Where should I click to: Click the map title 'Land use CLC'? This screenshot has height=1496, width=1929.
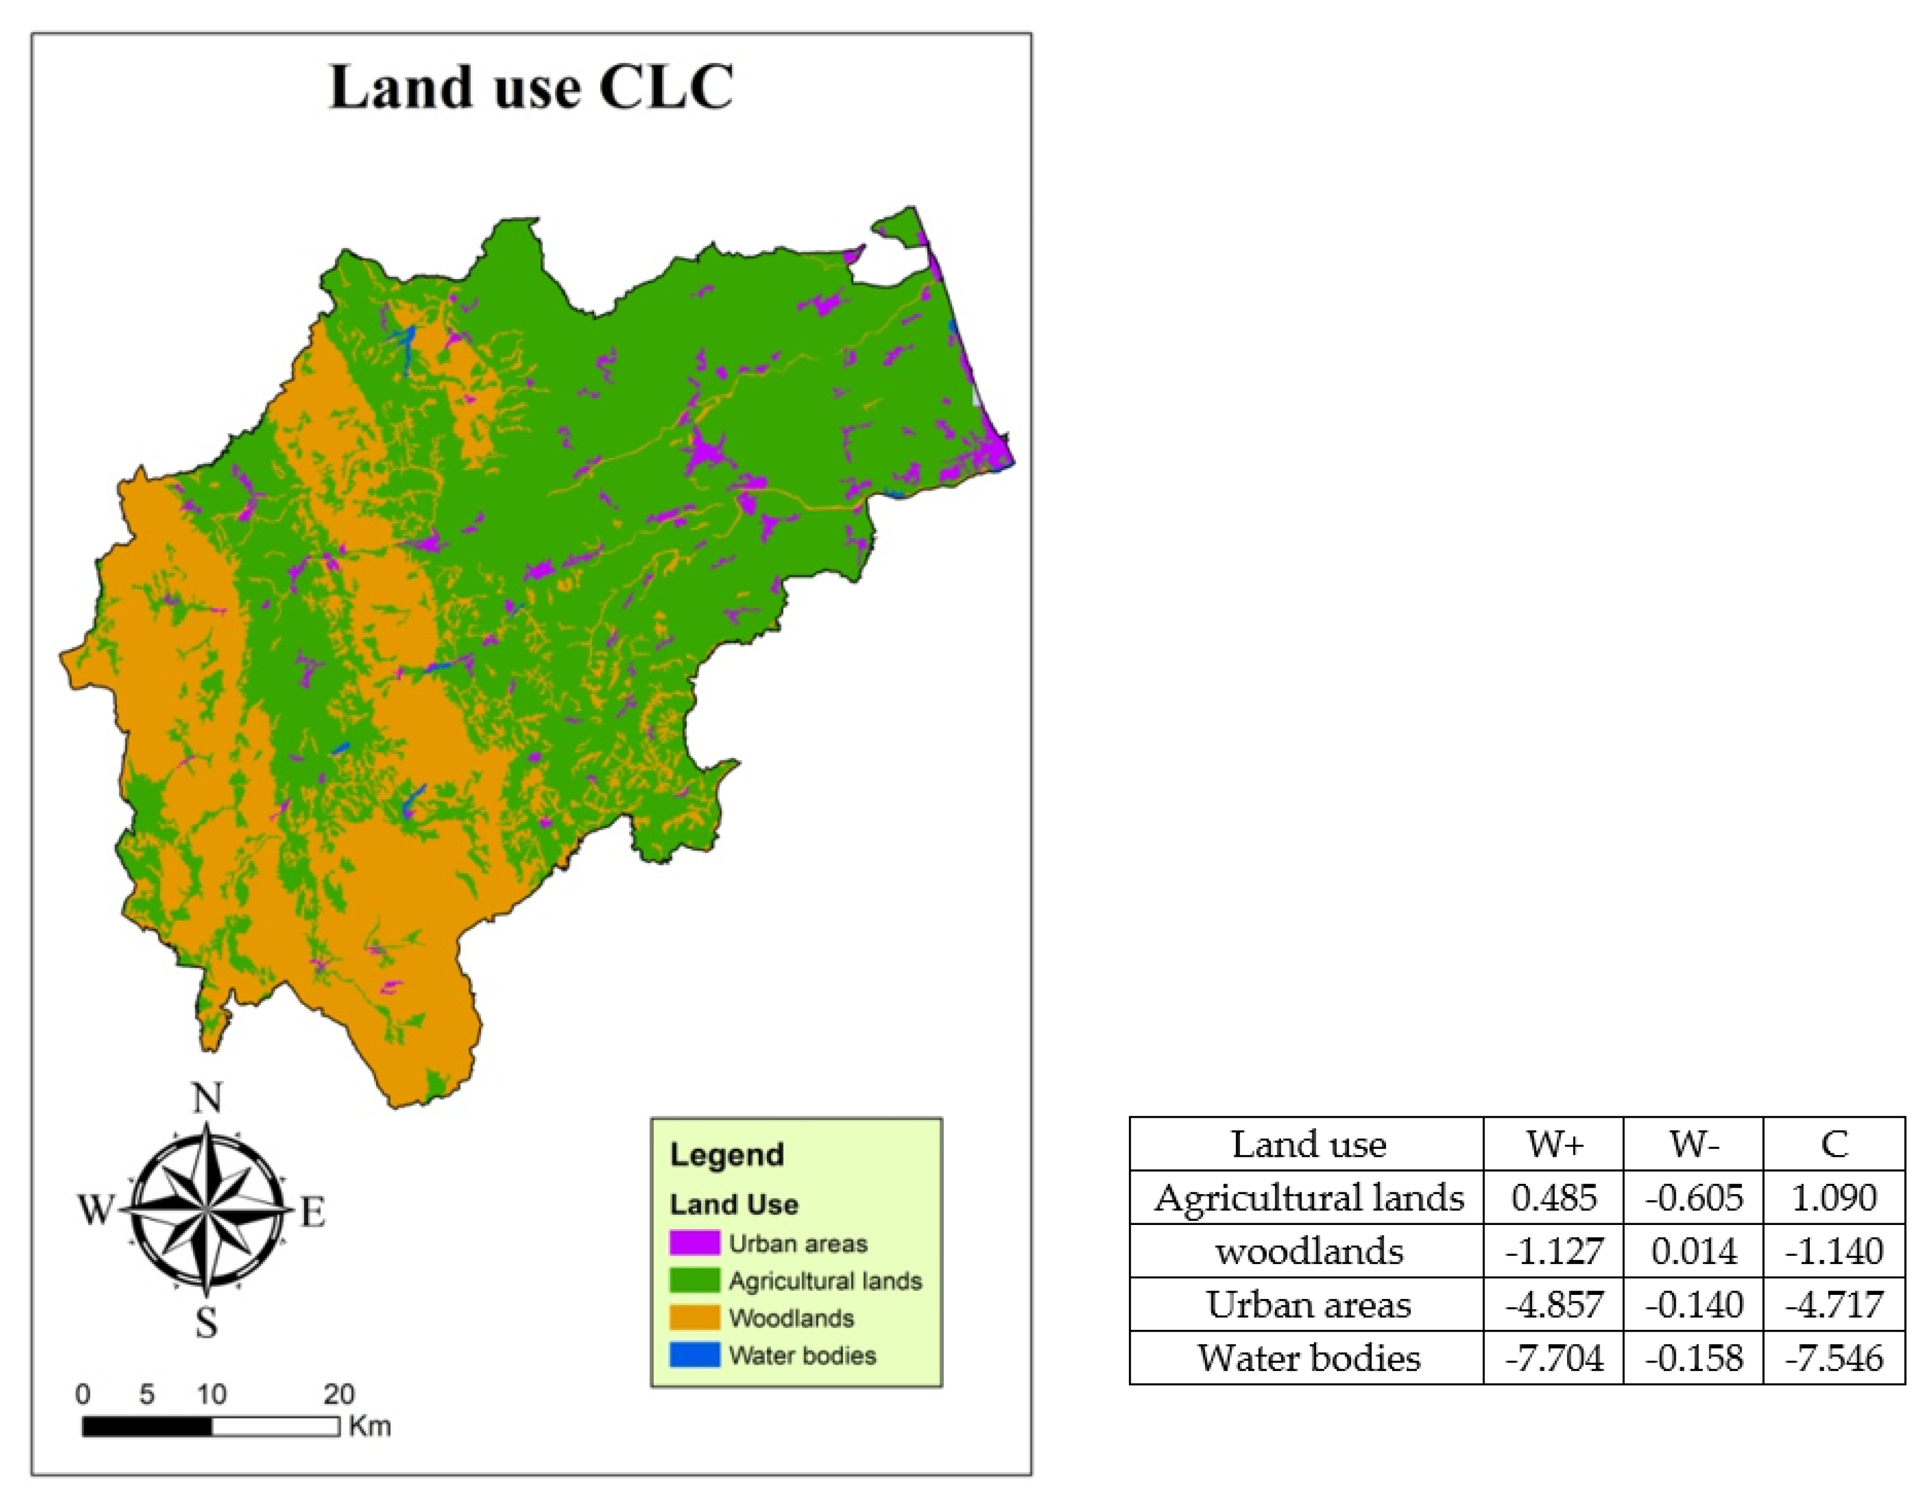(x=531, y=88)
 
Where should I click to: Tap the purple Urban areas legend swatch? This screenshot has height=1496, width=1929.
(x=694, y=1243)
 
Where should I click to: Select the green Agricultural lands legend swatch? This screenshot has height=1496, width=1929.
(x=694, y=1281)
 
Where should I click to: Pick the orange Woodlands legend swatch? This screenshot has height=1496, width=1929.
(x=694, y=1317)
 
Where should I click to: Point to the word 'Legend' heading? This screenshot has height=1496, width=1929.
(x=727, y=1154)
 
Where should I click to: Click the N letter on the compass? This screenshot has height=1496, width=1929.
(x=207, y=1098)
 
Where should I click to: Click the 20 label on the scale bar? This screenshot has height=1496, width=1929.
(x=339, y=1395)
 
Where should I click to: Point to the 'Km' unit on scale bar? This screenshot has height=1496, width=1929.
(x=369, y=1426)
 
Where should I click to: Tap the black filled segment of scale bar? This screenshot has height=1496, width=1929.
(x=147, y=1426)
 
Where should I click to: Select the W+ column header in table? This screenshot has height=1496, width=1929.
(x=1554, y=1144)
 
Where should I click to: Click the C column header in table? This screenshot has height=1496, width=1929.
(x=1834, y=1144)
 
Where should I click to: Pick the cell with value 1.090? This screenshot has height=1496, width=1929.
(x=1834, y=1197)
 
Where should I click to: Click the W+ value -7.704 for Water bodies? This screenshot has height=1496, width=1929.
(x=1554, y=1357)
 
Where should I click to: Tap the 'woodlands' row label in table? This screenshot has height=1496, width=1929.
(x=1309, y=1251)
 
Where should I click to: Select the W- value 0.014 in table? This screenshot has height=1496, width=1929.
(x=1694, y=1251)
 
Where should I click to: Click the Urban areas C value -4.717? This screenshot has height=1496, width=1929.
(x=1834, y=1304)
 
